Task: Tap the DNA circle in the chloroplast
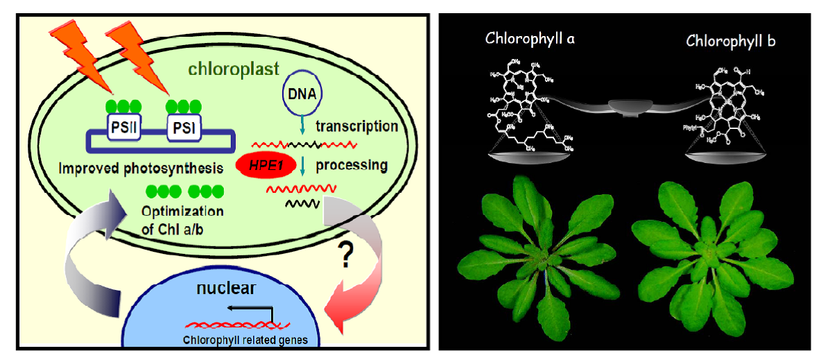pos(300,92)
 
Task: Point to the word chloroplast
pos(235,69)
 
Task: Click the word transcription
pos(356,127)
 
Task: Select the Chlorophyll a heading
pos(530,39)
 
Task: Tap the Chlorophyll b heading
pos(731,41)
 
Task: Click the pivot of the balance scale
pos(630,106)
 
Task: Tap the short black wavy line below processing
pos(302,204)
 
